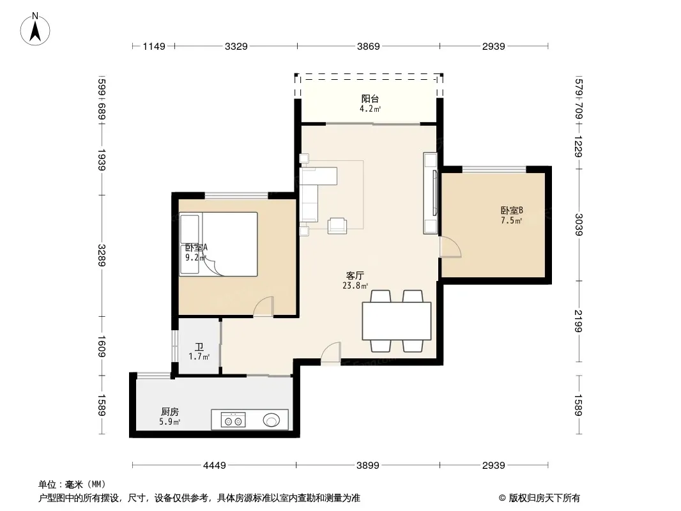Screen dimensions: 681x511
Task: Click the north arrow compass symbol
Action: point(35,29)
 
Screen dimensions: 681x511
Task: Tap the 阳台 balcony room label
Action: point(370,98)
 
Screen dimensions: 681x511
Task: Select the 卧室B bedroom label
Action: point(512,210)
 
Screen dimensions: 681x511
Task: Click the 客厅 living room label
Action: point(355,275)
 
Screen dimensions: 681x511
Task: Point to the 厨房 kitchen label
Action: point(169,411)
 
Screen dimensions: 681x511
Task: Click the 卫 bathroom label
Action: point(199,347)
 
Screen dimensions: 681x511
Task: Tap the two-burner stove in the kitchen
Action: point(233,420)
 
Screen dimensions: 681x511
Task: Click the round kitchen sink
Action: point(272,420)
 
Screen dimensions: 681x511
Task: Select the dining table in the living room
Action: point(397,321)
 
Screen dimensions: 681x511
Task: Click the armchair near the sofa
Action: point(337,225)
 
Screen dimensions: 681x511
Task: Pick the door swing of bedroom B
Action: point(450,247)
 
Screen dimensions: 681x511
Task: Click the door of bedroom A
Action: point(264,307)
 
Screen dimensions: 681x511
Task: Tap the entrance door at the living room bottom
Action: point(331,353)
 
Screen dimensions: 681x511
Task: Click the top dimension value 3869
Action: point(369,46)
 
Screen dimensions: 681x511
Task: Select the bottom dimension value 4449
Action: point(215,466)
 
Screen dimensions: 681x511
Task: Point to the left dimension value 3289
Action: point(102,256)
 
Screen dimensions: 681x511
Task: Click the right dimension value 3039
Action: point(579,224)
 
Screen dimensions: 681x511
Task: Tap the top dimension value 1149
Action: point(154,46)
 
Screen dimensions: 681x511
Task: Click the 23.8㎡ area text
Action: point(355,286)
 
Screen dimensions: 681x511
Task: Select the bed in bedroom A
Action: point(218,244)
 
